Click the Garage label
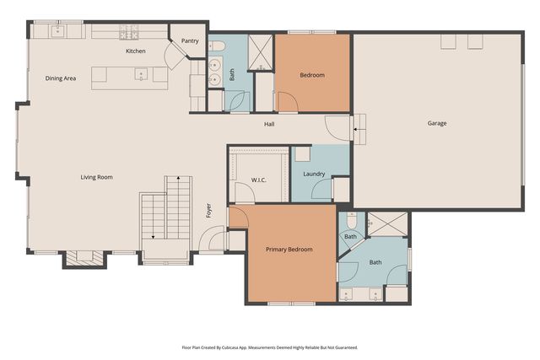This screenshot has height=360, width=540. click(436, 123)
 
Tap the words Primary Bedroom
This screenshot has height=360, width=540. click(289, 250)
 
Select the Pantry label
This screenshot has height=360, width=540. click(190, 40)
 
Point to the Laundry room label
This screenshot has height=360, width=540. click(314, 175)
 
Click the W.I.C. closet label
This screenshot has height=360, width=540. click(258, 180)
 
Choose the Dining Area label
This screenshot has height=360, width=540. click(61, 78)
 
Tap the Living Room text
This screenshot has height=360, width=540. click(96, 177)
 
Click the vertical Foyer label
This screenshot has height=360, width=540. click(208, 211)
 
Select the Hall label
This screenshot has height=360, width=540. click(269, 125)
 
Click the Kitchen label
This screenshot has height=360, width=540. click(135, 51)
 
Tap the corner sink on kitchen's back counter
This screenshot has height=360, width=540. click(58, 31)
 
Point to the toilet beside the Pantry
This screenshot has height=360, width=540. click(215, 46)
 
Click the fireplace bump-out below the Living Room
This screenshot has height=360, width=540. click(84, 258)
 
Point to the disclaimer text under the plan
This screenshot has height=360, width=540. click(269, 347)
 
